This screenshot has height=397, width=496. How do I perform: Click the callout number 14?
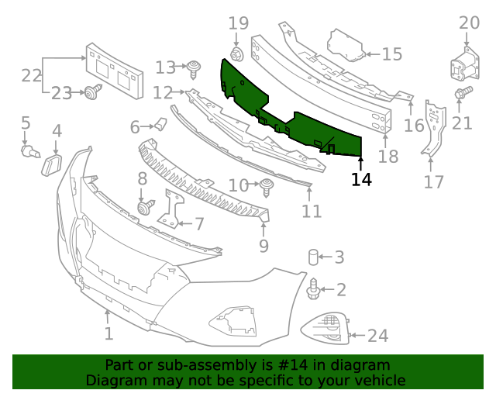[361, 180]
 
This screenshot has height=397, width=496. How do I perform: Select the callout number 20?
[469, 22]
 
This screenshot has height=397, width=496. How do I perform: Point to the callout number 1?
[108, 334]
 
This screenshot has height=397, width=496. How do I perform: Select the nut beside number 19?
[236, 54]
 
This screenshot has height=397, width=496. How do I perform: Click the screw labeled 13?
[193, 68]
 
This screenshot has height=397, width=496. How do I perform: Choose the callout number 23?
[62, 94]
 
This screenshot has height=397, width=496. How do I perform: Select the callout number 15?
[392, 54]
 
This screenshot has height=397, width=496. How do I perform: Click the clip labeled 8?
[145, 207]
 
